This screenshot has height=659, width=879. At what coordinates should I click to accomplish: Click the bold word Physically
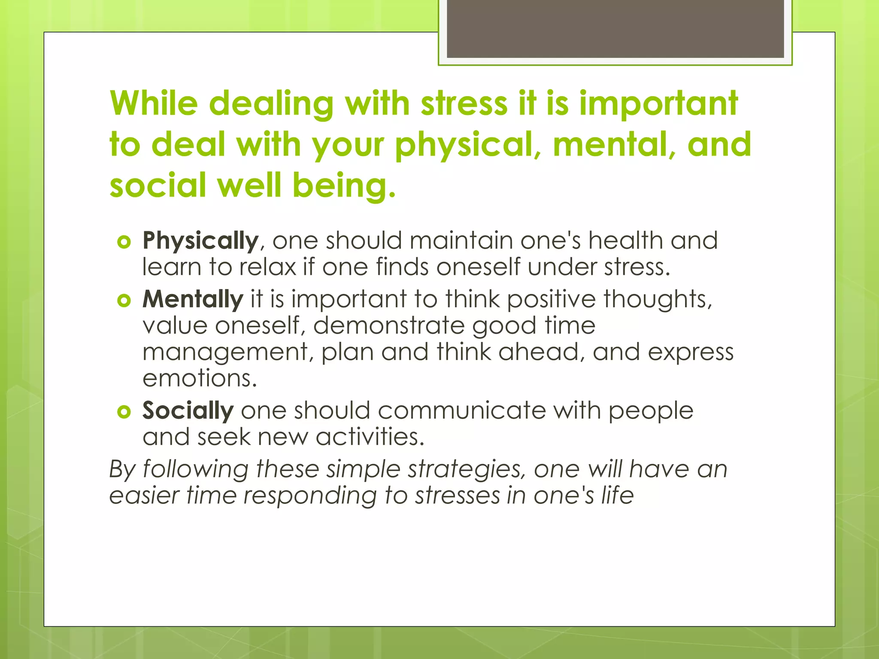pyautogui.click(x=200, y=241)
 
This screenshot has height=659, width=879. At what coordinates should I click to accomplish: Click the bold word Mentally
pyautogui.click(x=193, y=299)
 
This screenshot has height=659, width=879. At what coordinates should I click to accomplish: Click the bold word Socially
pyautogui.click(x=188, y=411)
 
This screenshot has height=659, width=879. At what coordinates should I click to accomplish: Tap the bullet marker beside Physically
pyautogui.click(x=124, y=242)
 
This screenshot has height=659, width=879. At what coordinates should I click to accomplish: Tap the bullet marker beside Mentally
pyautogui.click(x=124, y=301)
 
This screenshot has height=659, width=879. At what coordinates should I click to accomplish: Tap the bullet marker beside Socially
pyautogui.click(x=124, y=412)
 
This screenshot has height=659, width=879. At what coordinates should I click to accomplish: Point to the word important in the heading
pyautogui.click(x=658, y=104)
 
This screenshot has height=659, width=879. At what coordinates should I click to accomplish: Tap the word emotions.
pyautogui.click(x=200, y=378)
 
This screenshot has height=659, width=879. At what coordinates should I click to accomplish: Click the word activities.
pyautogui.click(x=370, y=437)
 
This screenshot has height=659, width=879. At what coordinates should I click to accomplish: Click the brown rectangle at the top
pyautogui.click(x=615, y=29)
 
